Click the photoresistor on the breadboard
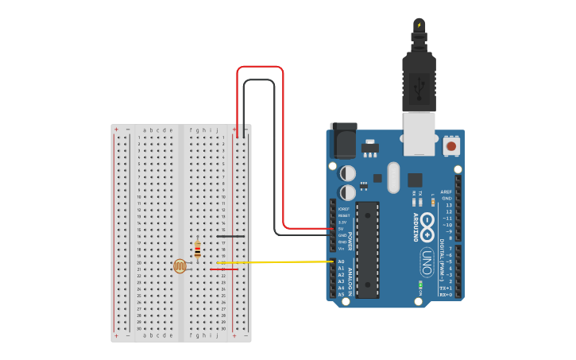pyautogui.click(x=180, y=266)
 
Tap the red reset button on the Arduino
pyautogui.click(x=451, y=146)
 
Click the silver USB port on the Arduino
pyautogui.click(x=419, y=133)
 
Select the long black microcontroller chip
pyautogui.click(x=367, y=250)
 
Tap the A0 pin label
pyautogui.click(x=342, y=261)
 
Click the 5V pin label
pyautogui.click(x=341, y=229)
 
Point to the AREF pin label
pyautogui.click(x=446, y=192)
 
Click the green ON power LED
pyautogui.click(x=419, y=284)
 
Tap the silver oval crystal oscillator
pyautogui.click(x=393, y=178)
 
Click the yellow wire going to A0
pyautogui.click(x=278, y=261)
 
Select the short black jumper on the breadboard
pyautogui.click(x=230, y=236)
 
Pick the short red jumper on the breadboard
pyautogui.click(x=224, y=269)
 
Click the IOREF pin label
pyautogui.click(x=343, y=209)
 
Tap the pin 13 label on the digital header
pyautogui.click(x=448, y=205)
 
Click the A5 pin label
pyautogui.click(x=342, y=294)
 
